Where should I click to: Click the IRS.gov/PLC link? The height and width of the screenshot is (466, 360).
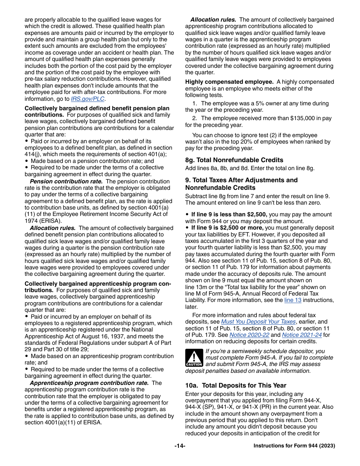88,99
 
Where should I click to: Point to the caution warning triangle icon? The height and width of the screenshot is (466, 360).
194,358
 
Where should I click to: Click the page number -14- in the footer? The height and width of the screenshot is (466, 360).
180,446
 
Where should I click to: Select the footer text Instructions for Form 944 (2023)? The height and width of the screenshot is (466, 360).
294,446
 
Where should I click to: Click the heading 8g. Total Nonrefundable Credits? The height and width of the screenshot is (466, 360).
234,160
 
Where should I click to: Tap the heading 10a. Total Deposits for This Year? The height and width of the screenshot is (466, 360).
236,385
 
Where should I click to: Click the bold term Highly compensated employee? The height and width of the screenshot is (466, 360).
229,82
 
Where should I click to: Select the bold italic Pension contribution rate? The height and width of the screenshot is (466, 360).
66,181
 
